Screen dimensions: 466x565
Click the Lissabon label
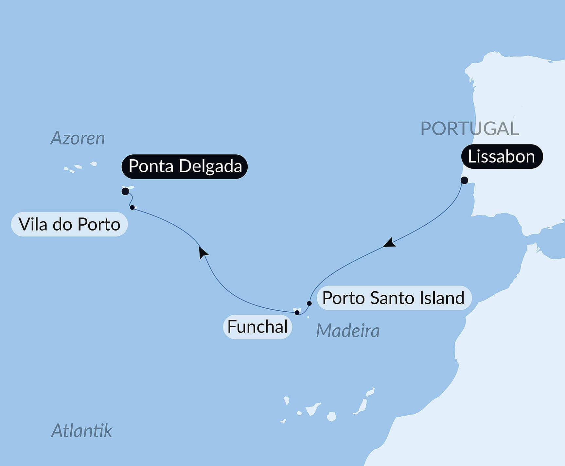[502, 157]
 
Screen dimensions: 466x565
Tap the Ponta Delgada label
[185, 166]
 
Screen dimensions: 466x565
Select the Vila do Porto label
[69, 224]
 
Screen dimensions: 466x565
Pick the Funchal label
[257, 327]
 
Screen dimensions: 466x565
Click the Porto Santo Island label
[394, 298]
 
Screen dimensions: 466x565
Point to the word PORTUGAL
[469, 129]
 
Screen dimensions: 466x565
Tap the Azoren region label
[78, 138]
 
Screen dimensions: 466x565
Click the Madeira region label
[348, 331]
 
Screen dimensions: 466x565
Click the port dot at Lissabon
[464, 180]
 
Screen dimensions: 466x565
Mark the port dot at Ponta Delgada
[125, 191]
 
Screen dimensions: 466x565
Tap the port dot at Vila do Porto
[132, 207]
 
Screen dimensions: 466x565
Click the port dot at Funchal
[297, 313]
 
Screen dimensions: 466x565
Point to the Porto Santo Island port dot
[309, 303]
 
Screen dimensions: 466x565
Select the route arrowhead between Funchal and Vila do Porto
[203, 252]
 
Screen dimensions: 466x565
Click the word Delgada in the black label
[210, 166]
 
